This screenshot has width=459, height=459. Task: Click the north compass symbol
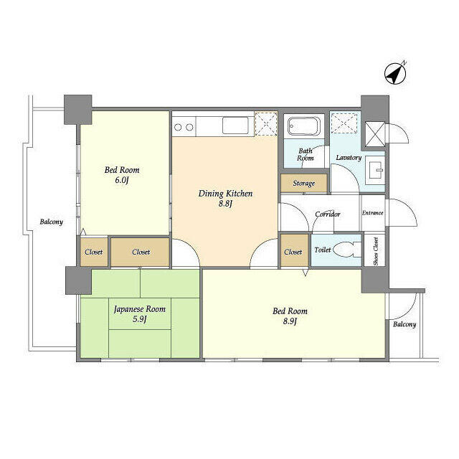click(x=395, y=73)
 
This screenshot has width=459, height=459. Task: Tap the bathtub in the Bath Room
click(x=303, y=126)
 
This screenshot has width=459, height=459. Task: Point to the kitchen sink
click(x=235, y=126)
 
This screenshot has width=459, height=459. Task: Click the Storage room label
click(x=304, y=184)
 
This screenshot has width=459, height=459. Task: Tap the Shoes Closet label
click(x=376, y=251)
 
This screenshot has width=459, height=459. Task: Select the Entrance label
click(x=372, y=213)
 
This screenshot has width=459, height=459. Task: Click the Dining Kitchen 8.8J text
click(x=225, y=198)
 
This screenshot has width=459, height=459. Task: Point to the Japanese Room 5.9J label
click(x=140, y=314)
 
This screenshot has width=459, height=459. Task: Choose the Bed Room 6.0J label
click(x=122, y=175)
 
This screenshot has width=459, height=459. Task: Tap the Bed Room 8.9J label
click(x=290, y=316)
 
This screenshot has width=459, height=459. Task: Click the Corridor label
click(x=328, y=214)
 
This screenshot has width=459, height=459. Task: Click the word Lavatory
click(x=349, y=158)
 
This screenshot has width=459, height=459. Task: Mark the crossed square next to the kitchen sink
click(x=266, y=123)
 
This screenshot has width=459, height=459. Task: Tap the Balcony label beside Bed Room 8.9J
click(x=404, y=324)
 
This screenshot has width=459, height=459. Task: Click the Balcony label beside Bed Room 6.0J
click(x=51, y=222)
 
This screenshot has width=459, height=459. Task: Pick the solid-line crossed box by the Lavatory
click(x=374, y=134)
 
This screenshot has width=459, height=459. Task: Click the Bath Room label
click(x=306, y=154)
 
